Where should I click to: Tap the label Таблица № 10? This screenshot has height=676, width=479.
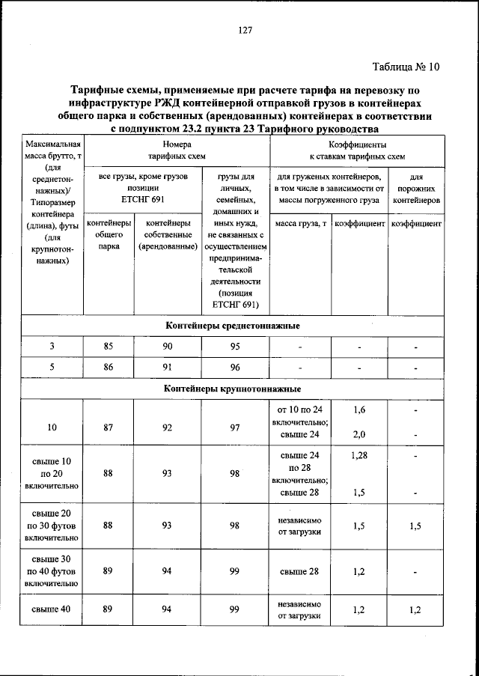[406, 67]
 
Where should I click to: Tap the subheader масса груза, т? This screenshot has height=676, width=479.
[300, 224]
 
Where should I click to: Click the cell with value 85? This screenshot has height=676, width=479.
[109, 347]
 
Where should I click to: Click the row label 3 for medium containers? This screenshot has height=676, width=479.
[52, 347]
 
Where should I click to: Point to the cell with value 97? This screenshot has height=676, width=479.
[234, 427]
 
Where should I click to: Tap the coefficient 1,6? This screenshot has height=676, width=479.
[359, 410]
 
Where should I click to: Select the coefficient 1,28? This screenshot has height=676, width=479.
[359, 455]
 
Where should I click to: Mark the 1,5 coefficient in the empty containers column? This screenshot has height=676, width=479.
[416, 526]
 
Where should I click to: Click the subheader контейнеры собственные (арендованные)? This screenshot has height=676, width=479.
[168, 234]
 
